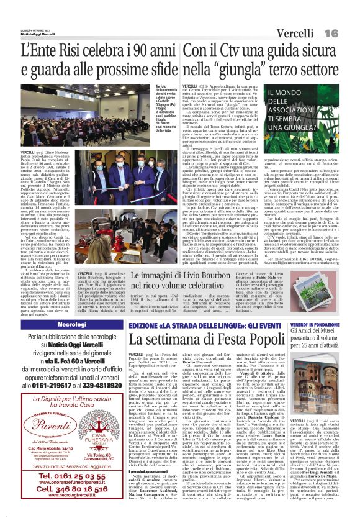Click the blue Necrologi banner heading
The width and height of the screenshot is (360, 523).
(x=63, y=324)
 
